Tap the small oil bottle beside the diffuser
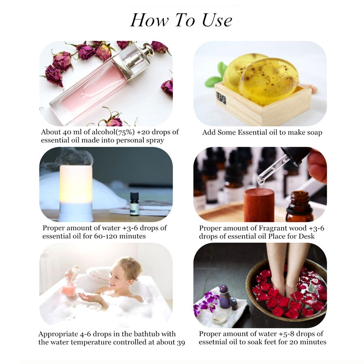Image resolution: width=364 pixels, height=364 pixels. coord(134,204)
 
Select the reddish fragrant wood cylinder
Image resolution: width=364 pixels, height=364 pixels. coord(258,204)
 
